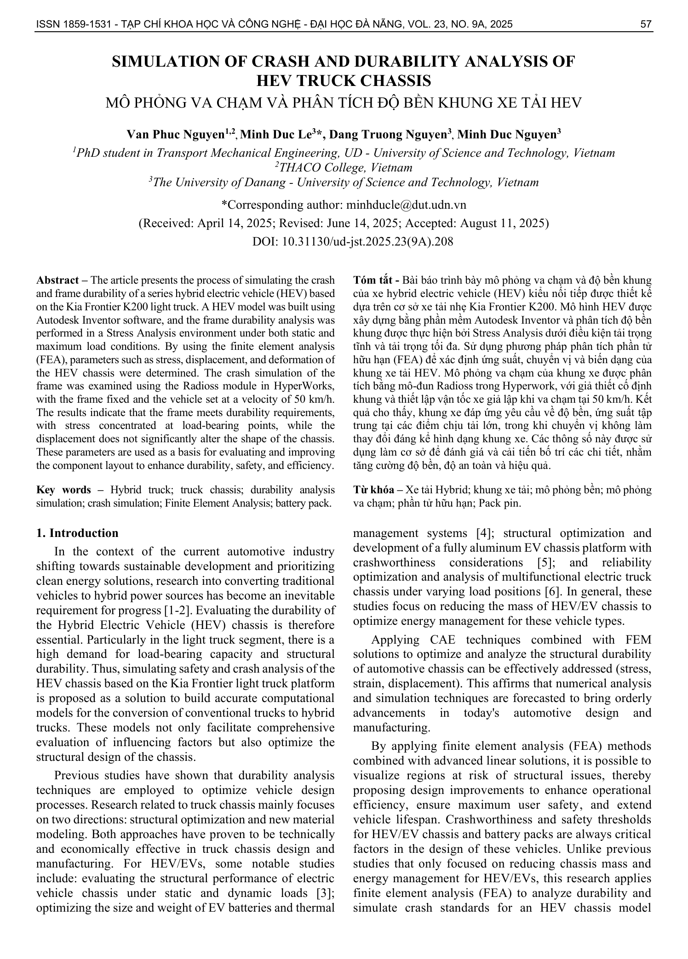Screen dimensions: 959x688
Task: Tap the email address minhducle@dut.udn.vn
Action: (406, 205)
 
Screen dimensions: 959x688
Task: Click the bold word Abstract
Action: (57, 280)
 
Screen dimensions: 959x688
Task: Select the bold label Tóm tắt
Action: (373, 280)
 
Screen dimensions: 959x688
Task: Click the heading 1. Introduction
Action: (77, 533)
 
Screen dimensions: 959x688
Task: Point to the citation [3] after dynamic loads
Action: (326, 893)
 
